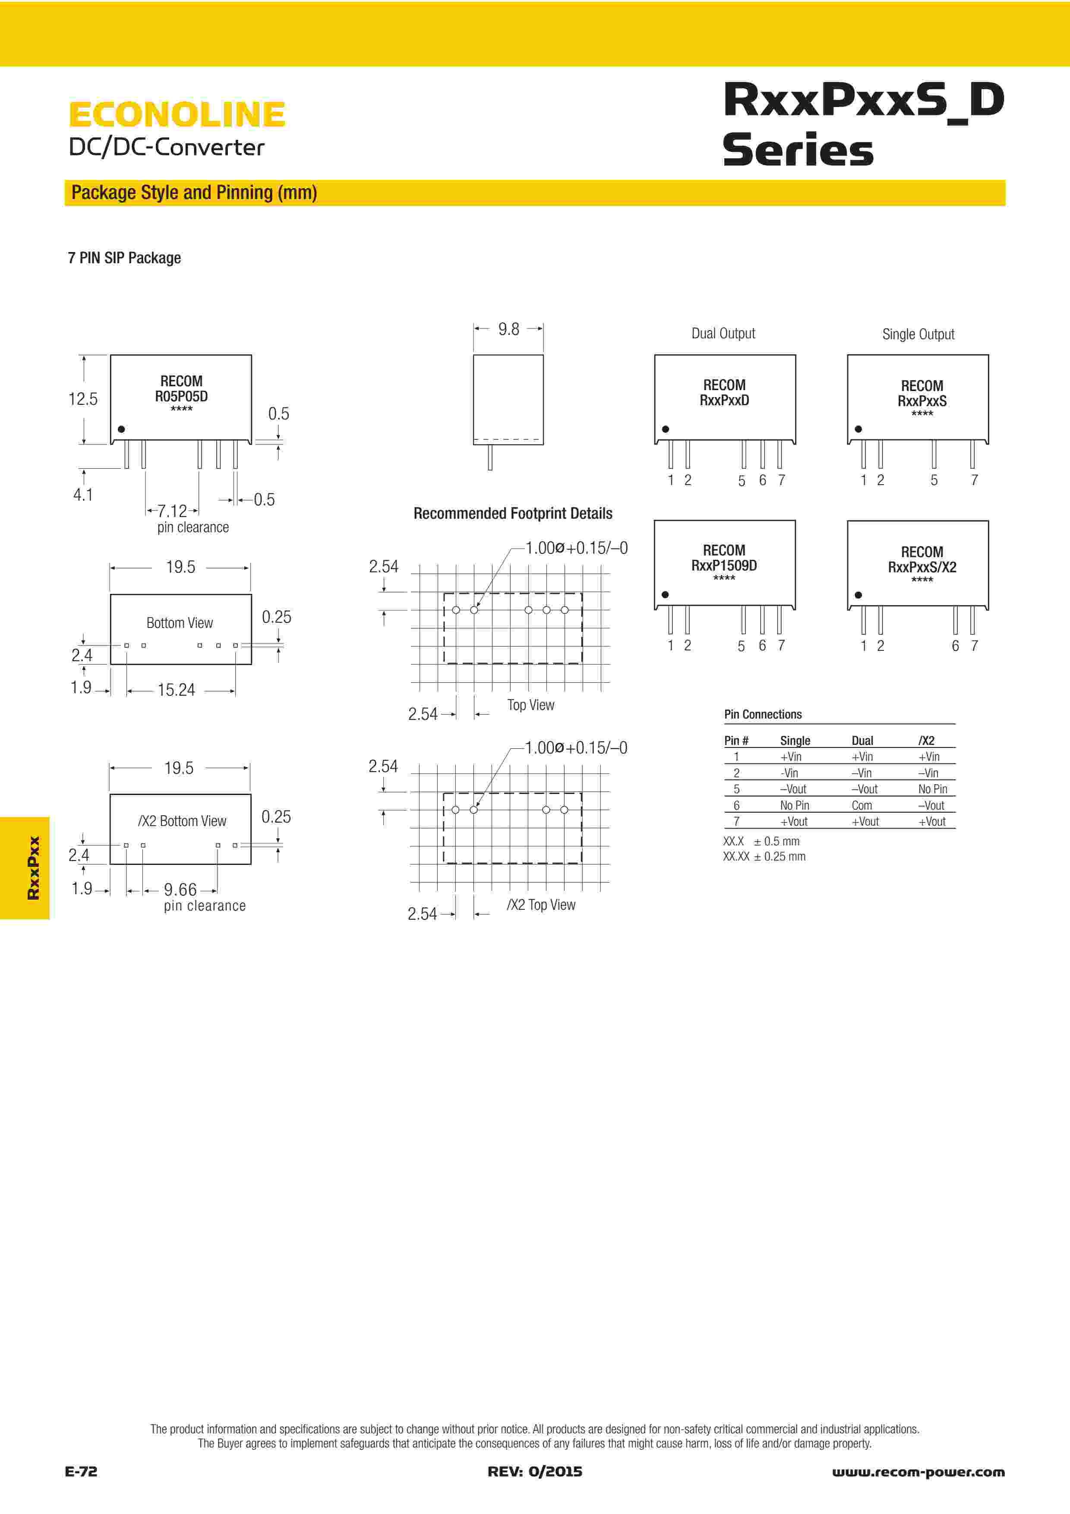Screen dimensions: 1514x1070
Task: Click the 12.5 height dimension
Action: point(83,399)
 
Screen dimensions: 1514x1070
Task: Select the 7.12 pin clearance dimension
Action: point(172,511)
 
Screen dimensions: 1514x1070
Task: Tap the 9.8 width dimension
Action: point(508,329)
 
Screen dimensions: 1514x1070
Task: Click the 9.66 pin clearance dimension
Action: point(180,889)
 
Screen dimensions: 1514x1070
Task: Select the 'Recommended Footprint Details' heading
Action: point(512,514)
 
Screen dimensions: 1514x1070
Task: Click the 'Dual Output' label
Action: point(723,334)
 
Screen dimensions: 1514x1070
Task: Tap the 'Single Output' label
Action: point(918,334)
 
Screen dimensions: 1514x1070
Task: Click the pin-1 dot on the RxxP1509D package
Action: point(665,595)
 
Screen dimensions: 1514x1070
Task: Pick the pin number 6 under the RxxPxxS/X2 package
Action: point(955,646)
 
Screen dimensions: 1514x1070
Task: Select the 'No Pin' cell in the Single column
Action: point(795,805)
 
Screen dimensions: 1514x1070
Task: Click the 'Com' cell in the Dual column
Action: point(861,805)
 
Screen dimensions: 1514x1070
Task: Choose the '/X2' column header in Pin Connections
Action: point(926,741)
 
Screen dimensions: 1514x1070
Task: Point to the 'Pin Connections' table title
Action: point(763,714)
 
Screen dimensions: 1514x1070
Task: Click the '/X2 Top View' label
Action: point(540,905)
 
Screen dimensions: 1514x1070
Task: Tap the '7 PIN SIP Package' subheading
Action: point(124,258)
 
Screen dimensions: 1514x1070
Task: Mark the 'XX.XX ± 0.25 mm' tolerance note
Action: point(764,857)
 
